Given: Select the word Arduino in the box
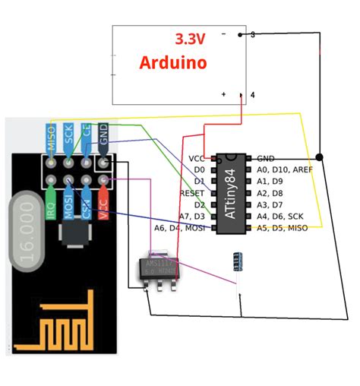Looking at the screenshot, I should click(173, 63).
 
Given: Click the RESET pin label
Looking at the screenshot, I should click(191, 193).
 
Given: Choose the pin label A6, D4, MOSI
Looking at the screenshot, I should click(180, 228).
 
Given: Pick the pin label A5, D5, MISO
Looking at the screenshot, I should click(283, 228).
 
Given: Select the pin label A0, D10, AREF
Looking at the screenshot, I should click(284, 169).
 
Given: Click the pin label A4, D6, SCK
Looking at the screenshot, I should click(280, 217).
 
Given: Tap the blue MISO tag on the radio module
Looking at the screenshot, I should click(51, 138).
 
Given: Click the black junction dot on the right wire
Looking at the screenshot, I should click(320, 157).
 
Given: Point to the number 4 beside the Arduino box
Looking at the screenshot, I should click(251, 96).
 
